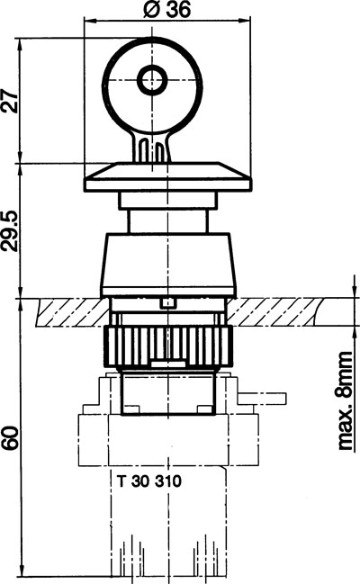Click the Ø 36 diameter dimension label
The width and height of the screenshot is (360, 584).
166,10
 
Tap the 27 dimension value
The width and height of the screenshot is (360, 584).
10,101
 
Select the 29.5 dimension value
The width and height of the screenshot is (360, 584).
10,231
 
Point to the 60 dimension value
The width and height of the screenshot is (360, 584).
10,438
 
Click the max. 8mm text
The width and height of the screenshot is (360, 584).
345,400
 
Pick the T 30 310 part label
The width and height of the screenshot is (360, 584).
149,481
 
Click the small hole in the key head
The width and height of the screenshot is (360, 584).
152,80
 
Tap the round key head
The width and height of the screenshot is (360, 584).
153,86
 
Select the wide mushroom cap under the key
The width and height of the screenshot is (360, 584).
168,177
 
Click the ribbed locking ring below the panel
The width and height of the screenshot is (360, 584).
168,346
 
